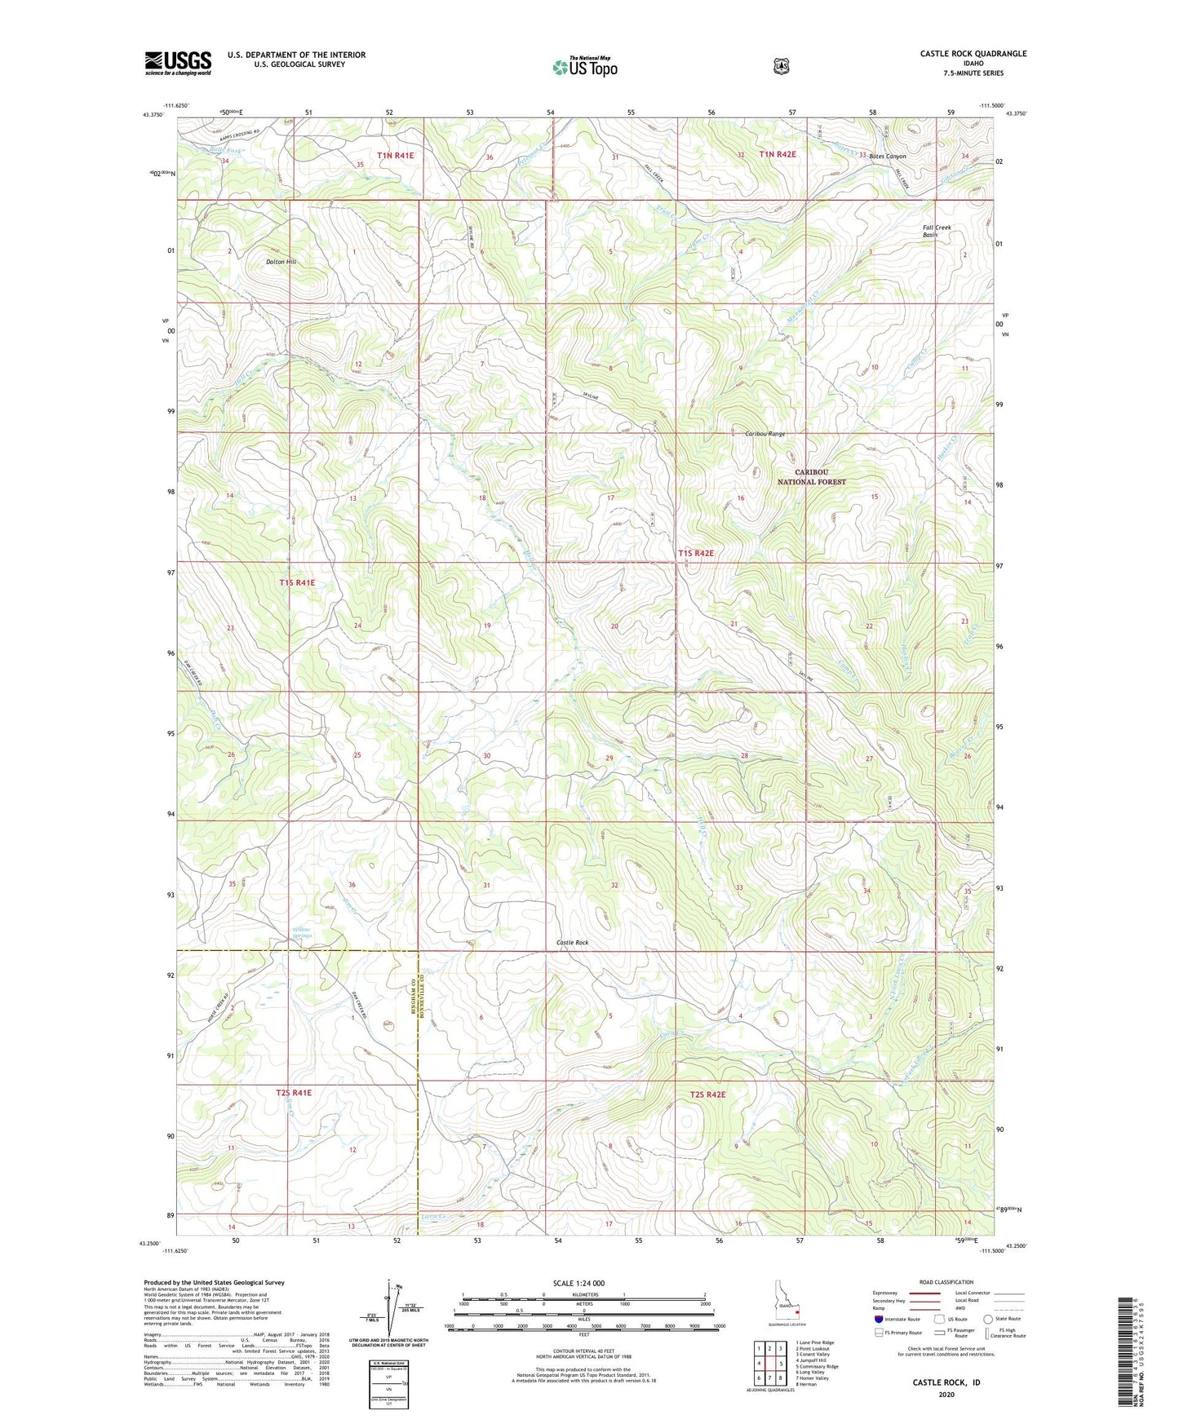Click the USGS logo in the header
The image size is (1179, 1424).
coord(178,63)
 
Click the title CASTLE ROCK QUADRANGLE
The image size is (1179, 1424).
coord(973,54)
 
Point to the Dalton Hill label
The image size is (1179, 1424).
coord(281,262)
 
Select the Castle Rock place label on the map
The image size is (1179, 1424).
coord(572,943)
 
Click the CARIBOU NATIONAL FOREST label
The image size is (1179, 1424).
coord(811,477)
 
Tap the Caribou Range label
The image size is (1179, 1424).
coord(765,434)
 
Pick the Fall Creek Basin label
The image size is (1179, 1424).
coord(937,231)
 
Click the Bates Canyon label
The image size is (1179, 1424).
coord(887,156)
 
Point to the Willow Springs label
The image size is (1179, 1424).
coord(302,933)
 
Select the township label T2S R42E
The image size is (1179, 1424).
coord(707,1095)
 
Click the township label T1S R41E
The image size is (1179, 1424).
coord(297,583)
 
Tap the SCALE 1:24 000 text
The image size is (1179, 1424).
coord(578,1283)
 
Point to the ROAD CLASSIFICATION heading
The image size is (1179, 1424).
coord(946,1282)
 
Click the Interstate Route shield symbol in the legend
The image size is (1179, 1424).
coord(878,1319)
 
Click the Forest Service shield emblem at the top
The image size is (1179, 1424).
coord(781,65)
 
